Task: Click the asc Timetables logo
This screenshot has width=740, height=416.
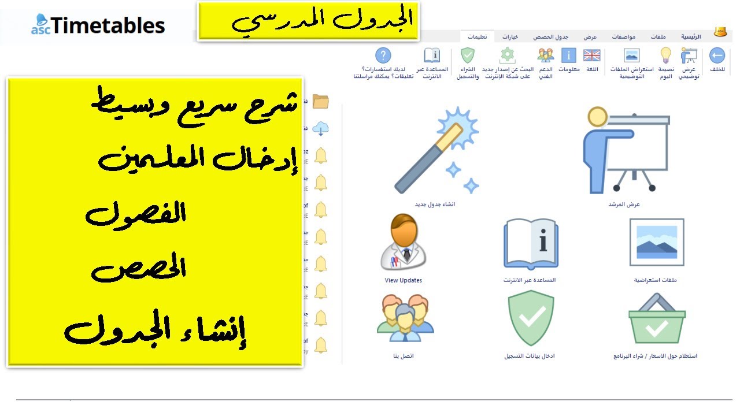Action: (x=98, y=25)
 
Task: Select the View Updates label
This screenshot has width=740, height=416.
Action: (x=403, y=280)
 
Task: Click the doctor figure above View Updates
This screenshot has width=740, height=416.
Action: (x=403, y=242)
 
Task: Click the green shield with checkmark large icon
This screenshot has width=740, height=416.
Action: (x=530, y=318)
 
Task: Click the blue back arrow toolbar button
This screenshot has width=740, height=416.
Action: (x=717, y=55)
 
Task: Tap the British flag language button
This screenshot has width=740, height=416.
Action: (x=591, y=55)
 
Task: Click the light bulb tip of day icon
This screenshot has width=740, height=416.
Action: (x=666, y=55)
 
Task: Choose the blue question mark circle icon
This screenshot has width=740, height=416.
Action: (x=383, y=55)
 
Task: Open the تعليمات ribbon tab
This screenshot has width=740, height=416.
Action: (x=478, y=36)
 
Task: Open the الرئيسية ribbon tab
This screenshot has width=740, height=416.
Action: (x=690, y=36)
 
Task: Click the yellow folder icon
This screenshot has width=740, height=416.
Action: (x=320, y=102)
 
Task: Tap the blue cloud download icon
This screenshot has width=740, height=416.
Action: (x=320, y=128)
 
